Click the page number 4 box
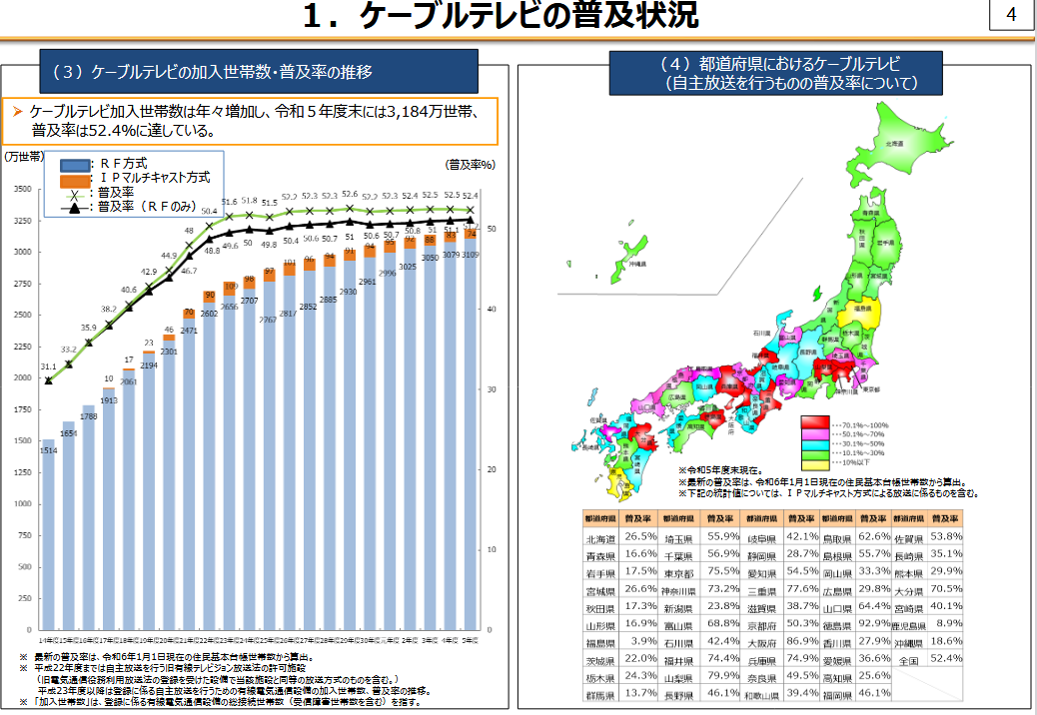pyautogui.click(x=1012, y=15)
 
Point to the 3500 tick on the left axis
pyautogui.click(x=21, y=188)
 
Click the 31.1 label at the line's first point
pyautogui.click(x=48, y=366)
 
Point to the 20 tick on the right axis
pyautogui.click(x=492, y=469)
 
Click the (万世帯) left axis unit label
pyautogui.click(x=22, y=155)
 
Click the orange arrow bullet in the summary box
pyautogui.click(x=17, y=112)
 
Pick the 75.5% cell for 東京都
pyautogui.click(x=721, y=571)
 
